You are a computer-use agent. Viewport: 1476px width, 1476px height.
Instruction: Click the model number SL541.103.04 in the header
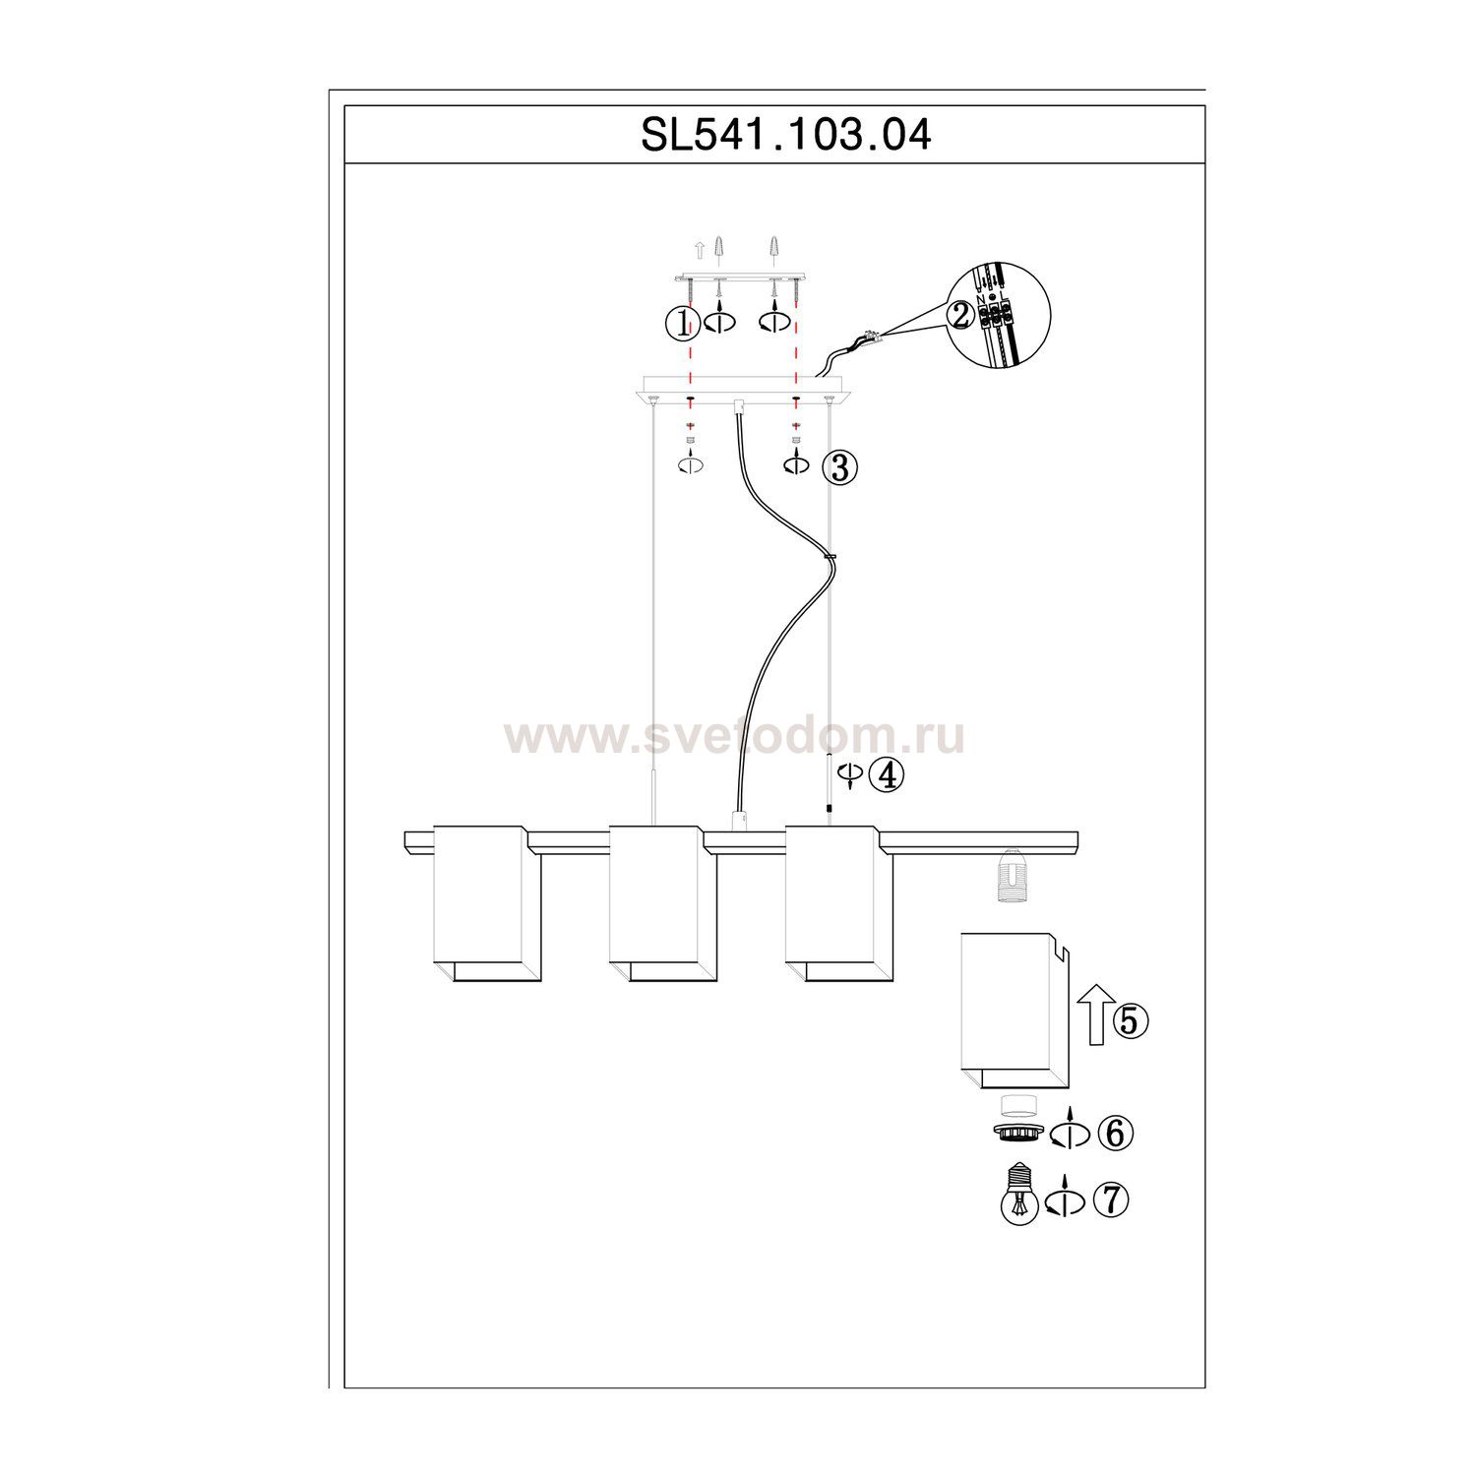tap(785, 135)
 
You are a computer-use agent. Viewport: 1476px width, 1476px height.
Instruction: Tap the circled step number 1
tap(682, 322)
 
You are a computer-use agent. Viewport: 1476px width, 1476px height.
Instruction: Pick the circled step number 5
tap(1131, 1022)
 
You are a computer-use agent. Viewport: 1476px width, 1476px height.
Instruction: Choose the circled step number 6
tap(1115, 1134)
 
